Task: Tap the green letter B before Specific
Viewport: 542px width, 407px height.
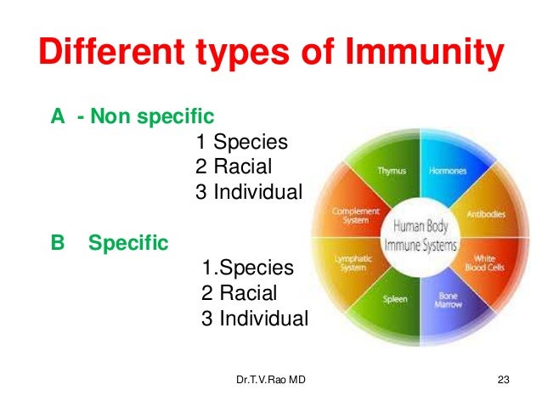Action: pyautogui.click(x=58, y=244)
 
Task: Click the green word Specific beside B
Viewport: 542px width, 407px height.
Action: pyautogui.click(x=128, y=244)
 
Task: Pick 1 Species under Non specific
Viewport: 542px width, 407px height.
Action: pyautogui.click(x=242, y=142)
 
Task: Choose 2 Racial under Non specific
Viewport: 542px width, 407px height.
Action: pyautogui.click(x=234, y=167)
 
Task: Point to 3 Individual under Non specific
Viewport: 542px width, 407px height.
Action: pyautogui.click(x=248, y=192)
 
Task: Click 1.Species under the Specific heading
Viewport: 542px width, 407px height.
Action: pyautogui.click(x=248, y=269)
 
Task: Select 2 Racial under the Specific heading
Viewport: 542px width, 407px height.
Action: pyautogui.click(x=240, y=294)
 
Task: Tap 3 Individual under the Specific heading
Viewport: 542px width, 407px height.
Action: pyautogui.click(x=255, y=319)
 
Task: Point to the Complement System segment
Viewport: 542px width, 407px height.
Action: pyautogui.click(x=350, y=214)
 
